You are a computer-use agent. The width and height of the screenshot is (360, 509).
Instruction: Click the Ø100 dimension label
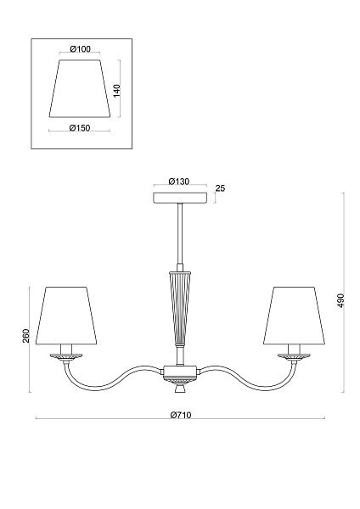(81, 49)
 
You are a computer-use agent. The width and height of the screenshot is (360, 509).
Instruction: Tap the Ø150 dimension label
(80, 128)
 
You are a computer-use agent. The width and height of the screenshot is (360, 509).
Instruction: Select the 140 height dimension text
(116, 91)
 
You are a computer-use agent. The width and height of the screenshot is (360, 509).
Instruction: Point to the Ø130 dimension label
(179, 182)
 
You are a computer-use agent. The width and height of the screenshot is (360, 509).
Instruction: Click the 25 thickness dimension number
(220, 188)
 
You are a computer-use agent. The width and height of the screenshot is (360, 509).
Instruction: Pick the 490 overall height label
(340, 300)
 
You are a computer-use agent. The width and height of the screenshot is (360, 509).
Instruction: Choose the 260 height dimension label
(26, 336)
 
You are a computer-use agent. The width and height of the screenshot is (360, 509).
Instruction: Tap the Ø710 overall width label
(181, 415)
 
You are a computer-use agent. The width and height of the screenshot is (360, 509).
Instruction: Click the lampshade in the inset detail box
(80, 88)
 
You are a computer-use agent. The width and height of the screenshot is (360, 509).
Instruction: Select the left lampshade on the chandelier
(66, 316)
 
